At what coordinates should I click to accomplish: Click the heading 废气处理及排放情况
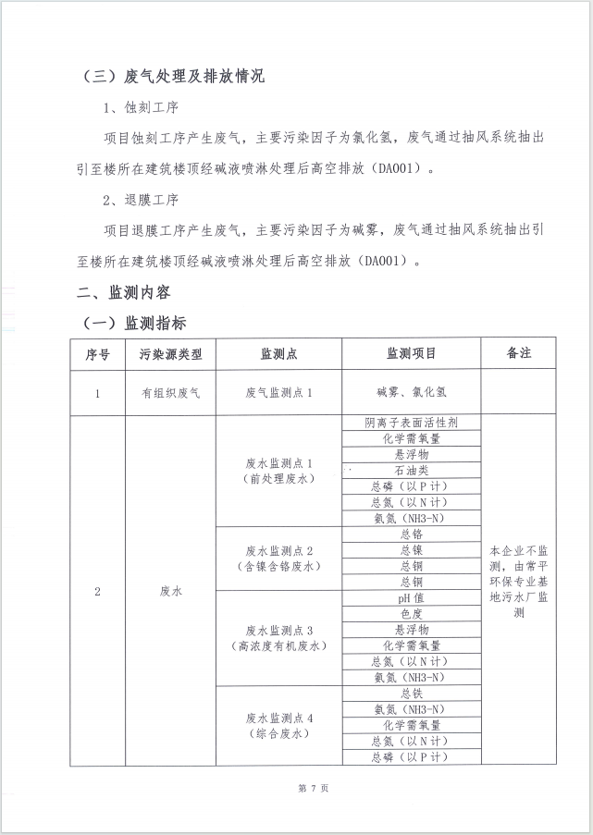(170, 76)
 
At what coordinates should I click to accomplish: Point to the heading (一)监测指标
(135, 323)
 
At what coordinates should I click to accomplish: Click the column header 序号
(97, 353)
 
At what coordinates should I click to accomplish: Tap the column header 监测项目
(411, 353)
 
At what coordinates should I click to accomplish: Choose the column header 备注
(518, 353)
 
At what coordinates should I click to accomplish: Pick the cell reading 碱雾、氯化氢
(411, 392)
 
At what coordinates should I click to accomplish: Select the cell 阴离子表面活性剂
(411, 423)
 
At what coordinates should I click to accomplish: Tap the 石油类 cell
(411, 470)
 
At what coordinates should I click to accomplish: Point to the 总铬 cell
(411, 534)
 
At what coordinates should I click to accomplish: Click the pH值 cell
(411, 597)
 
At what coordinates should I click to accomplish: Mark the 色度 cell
(411, 613)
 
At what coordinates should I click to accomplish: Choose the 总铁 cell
(411, 693)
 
